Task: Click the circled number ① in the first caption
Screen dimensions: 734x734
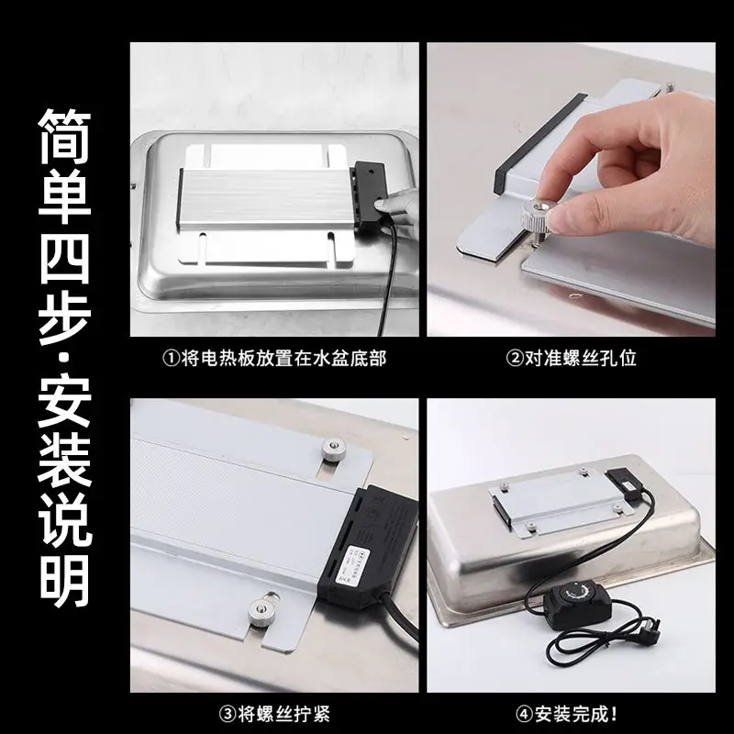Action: pos(172,359)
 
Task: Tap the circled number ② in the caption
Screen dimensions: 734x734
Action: pos(515,359)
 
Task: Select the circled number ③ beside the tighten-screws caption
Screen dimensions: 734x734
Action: pos(228,715)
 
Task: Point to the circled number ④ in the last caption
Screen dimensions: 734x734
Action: pos(525,715)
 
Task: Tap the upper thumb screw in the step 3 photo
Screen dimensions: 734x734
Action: pos(333,450)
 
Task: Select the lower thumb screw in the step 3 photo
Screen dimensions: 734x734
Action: pos(261,611)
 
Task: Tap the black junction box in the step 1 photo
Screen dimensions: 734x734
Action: pos(370,191)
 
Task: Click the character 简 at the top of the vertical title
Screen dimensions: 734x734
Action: pos(64,137)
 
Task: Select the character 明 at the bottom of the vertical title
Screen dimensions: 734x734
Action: pos(64,582)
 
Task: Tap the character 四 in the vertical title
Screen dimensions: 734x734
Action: pos(64,258)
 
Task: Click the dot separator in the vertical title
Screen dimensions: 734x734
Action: pos(64,359)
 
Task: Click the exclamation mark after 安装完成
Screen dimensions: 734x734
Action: pos(614,715)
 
